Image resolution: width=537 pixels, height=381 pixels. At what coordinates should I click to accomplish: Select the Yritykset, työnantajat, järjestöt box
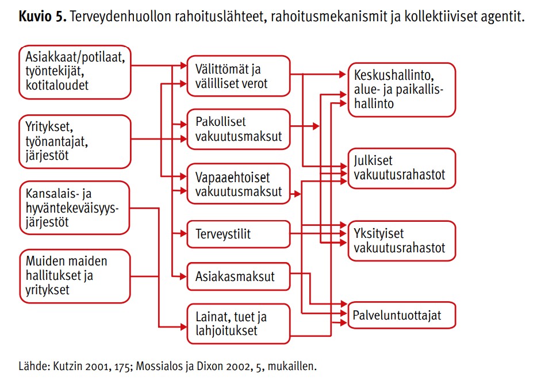click(x=75, y=141)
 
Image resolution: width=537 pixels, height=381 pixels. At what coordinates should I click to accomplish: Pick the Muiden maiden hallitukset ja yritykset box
click(x=75, y=276)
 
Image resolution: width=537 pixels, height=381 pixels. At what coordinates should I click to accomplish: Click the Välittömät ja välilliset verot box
click(x=237, y=76)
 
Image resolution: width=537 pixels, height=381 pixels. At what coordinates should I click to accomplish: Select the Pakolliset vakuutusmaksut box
click(x=237, y=129)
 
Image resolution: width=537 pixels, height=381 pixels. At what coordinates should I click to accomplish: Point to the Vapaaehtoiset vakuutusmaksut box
click(x=237, y=184)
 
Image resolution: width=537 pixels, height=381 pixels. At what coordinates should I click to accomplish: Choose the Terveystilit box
click(x=237, y=234)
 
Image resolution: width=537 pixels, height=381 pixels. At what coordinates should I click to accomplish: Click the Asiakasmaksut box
click(x=237, y=276)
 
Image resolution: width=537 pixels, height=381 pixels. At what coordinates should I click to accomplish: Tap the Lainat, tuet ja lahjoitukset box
click(x=237, y=324)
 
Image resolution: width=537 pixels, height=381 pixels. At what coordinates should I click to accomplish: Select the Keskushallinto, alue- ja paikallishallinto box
click(x=401, y=90)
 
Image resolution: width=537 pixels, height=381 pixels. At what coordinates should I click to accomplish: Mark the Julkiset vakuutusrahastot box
click(x=401, y=168)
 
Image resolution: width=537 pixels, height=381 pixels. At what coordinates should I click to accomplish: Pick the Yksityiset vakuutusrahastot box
click(x=401, y=241)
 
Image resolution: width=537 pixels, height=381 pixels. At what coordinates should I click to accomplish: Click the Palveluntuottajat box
click(x=401, y=315)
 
